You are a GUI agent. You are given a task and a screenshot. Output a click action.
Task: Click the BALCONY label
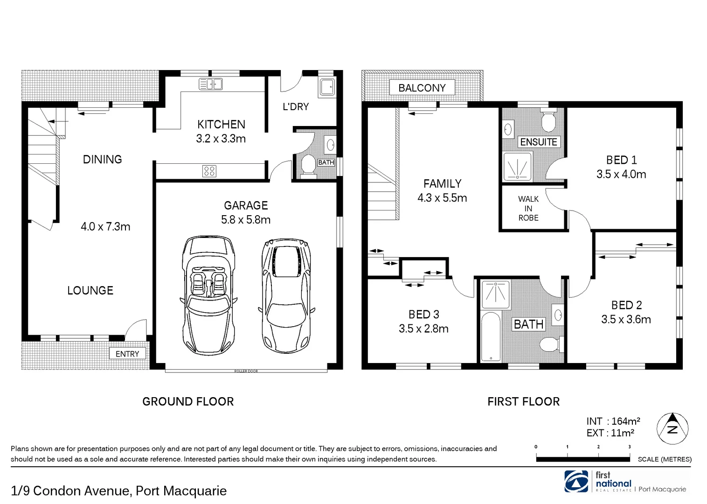(422, 88)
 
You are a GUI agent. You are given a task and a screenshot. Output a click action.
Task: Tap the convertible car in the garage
(208, 295)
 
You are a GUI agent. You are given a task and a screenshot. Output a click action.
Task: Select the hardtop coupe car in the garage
(285, 295)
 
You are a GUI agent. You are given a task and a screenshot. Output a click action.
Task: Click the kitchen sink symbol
(211, 84)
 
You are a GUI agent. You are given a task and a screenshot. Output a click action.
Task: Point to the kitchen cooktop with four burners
(209, 171)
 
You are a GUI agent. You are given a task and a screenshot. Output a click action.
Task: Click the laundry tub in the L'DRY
(326, 87)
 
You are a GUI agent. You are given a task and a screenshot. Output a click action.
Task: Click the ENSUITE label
(539, 142)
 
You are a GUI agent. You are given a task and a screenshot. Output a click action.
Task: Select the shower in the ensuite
(517, 167)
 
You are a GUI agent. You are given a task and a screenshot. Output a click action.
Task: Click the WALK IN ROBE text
(528, 208)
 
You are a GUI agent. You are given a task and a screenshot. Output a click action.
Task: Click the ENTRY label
(127, 354)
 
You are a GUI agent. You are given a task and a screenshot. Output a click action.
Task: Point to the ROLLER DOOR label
(246, 371)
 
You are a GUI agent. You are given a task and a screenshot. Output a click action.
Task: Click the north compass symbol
(672, 428)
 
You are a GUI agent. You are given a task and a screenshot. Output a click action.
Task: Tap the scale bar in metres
(583, 459)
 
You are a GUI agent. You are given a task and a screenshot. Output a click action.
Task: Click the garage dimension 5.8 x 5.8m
(246, 219)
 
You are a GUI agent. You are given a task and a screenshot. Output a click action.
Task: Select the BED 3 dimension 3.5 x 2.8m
(423, 329)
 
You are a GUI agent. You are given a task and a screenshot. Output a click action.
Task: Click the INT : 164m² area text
(613, 421)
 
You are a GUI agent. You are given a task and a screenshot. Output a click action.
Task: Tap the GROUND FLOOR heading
(188, 401)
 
